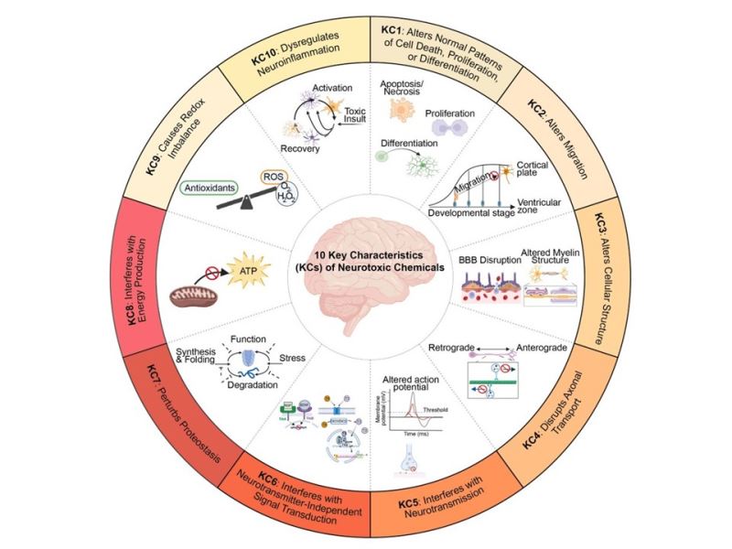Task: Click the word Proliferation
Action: [x=449, y=114]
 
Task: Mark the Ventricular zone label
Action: [x=549, y=208]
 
